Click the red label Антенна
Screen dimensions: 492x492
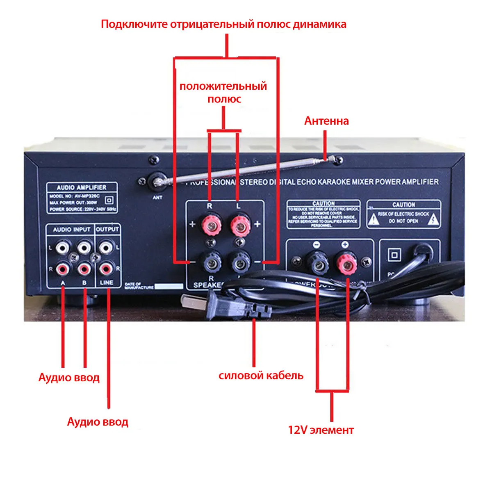tap(326, 121)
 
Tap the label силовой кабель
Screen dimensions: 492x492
tap(261, 376)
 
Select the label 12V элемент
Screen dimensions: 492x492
tap(321, 430)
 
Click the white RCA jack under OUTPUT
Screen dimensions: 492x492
tap(106, 247)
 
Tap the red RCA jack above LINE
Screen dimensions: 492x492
tap(106, 269)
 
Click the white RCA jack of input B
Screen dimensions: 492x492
tap(84, 247)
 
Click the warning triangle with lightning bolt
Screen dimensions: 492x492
tap(433, 221)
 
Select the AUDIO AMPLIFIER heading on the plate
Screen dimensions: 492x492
tap(82, 187)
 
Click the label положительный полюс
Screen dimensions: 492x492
tap(223, 93)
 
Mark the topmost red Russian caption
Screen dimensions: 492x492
tap(223, 24)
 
